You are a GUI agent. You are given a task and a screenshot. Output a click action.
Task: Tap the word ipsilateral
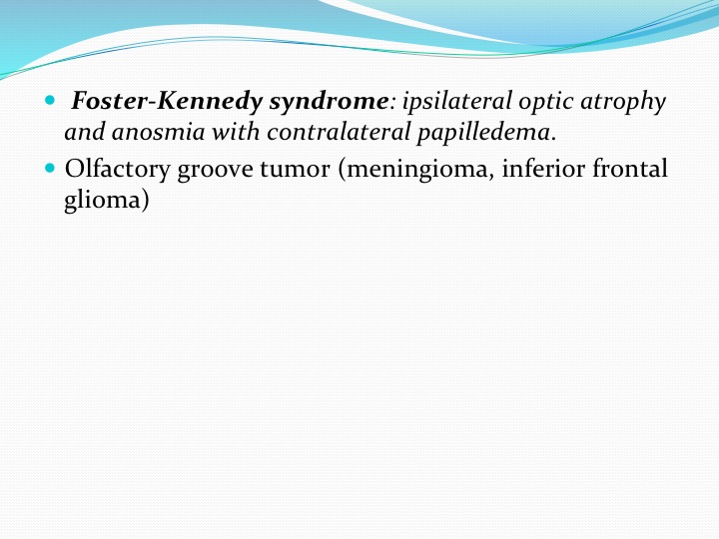[456, 101]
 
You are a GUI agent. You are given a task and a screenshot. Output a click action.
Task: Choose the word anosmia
[158, 133]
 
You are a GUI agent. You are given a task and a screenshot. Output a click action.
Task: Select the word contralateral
[339, 132]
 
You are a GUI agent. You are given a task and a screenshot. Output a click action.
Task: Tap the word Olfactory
[118, 170]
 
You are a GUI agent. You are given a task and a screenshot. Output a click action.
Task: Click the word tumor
[295, 169]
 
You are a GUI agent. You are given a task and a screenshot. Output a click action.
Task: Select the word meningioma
[416, 170]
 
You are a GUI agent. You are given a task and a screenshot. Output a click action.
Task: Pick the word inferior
[543, 168]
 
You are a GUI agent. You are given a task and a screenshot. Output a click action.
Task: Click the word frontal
[629, 168]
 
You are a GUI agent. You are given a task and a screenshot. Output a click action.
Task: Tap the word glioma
[102, 201]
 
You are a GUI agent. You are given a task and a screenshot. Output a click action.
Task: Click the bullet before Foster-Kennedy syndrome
[50, 100]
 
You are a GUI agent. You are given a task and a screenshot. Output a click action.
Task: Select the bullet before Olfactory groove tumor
[50, 168]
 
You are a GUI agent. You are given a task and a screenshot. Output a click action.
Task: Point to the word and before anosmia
[85, 132]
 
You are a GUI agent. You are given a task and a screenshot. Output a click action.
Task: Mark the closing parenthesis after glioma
[145, 201]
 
